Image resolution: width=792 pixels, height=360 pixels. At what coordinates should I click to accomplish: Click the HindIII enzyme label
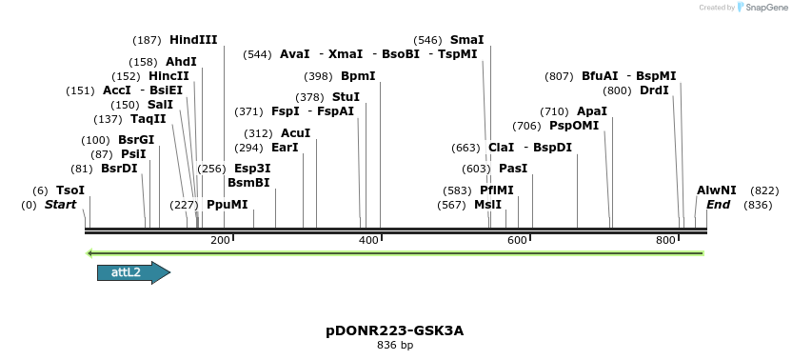193,40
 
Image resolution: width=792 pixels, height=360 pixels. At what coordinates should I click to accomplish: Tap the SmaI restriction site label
466,40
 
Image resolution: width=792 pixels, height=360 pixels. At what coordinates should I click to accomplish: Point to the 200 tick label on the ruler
220,240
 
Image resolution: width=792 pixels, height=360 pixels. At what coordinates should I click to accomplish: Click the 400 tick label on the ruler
369,240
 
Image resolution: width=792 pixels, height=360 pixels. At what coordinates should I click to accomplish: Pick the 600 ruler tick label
518,240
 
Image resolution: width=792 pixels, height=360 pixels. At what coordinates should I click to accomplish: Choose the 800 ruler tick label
666,240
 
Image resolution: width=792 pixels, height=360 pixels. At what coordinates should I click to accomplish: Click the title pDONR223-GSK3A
394,331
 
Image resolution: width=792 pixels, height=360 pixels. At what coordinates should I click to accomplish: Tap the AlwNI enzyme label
716,190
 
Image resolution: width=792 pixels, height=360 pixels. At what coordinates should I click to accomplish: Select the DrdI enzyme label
654,90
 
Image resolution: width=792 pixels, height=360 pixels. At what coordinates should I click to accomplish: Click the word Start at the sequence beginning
60,205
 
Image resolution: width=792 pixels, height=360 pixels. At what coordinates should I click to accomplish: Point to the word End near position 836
718,205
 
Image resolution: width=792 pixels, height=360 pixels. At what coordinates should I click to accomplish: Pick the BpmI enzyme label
358,76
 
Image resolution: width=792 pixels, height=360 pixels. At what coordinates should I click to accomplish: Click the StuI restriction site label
346,97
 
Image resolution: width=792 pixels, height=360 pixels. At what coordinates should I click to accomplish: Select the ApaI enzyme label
592,111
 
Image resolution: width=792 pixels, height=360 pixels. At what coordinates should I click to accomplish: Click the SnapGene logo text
767,8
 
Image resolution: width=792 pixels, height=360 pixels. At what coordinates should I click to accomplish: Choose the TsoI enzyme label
70,190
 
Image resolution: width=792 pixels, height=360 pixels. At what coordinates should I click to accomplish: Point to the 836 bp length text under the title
394,345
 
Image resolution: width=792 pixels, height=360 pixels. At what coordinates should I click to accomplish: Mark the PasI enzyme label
513,169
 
